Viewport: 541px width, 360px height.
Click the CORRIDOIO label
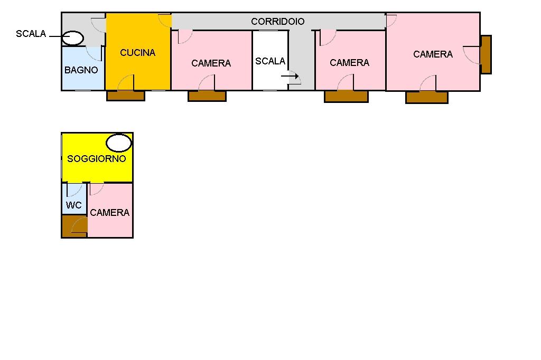[278, 22]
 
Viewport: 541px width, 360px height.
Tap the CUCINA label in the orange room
[138, 52]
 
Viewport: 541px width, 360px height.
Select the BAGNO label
[81, 70]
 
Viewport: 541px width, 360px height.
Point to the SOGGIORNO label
[97, 158]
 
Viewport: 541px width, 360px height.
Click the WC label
[74, 205]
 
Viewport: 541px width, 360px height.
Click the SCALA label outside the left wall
[31, 33]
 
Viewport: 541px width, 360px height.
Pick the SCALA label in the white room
[270, 61]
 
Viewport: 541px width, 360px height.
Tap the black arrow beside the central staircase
[290, 76]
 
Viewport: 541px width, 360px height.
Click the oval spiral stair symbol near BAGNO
[73, 38]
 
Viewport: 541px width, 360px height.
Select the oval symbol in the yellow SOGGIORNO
[119, 143]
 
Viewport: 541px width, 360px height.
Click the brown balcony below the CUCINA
[126, 96]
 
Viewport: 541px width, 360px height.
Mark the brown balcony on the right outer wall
[486, 54]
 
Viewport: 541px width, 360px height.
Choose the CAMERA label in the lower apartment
[110, 212]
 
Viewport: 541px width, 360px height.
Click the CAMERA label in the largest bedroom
[433, 54]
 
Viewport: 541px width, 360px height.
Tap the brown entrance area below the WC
[74, 226]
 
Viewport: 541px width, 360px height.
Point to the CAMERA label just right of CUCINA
[211, 63]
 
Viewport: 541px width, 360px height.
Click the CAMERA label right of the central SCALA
[350, 62]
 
